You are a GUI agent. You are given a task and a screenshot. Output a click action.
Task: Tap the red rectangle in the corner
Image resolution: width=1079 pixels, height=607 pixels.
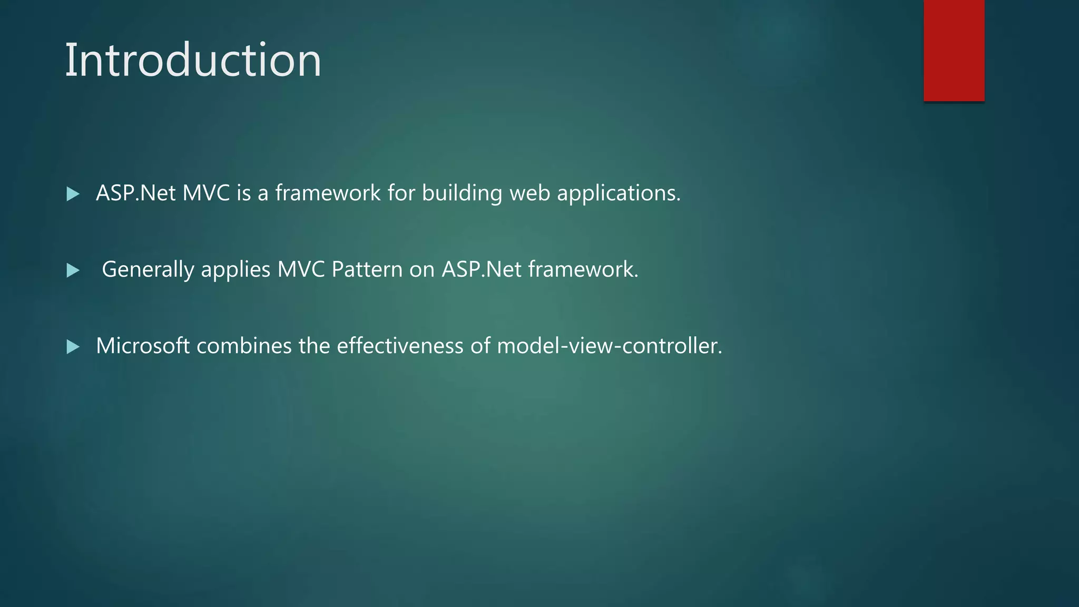tap(954, 51)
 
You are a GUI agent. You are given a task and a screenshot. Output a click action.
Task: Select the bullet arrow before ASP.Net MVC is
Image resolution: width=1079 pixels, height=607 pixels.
tap(73, 194)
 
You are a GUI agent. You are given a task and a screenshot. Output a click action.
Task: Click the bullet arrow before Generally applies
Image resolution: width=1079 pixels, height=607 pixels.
tap(73, 271)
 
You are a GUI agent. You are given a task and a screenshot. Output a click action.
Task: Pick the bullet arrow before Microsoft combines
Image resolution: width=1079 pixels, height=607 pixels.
tap(73, 347)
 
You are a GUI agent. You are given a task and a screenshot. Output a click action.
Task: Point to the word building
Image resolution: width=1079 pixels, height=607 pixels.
tap(462, 193)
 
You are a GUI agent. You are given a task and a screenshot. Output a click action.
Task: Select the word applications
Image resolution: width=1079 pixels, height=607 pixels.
tap(619, 193)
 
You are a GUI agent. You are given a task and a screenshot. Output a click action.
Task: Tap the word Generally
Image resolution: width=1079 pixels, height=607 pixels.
tap(148, 270)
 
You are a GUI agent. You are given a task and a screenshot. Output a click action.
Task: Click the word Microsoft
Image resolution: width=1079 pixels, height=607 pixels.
tap(143, 346)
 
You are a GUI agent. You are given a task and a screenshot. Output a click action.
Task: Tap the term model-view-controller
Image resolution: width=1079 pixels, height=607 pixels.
tap(609, 346)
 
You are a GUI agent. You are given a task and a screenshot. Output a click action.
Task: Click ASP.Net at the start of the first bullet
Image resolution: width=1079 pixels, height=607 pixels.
tap(135, 193)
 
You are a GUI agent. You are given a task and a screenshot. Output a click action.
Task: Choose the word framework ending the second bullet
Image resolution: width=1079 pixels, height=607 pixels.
tap(583, 269)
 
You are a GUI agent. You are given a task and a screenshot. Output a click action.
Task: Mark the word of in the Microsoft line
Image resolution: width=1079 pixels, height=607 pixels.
tap(480, 346)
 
